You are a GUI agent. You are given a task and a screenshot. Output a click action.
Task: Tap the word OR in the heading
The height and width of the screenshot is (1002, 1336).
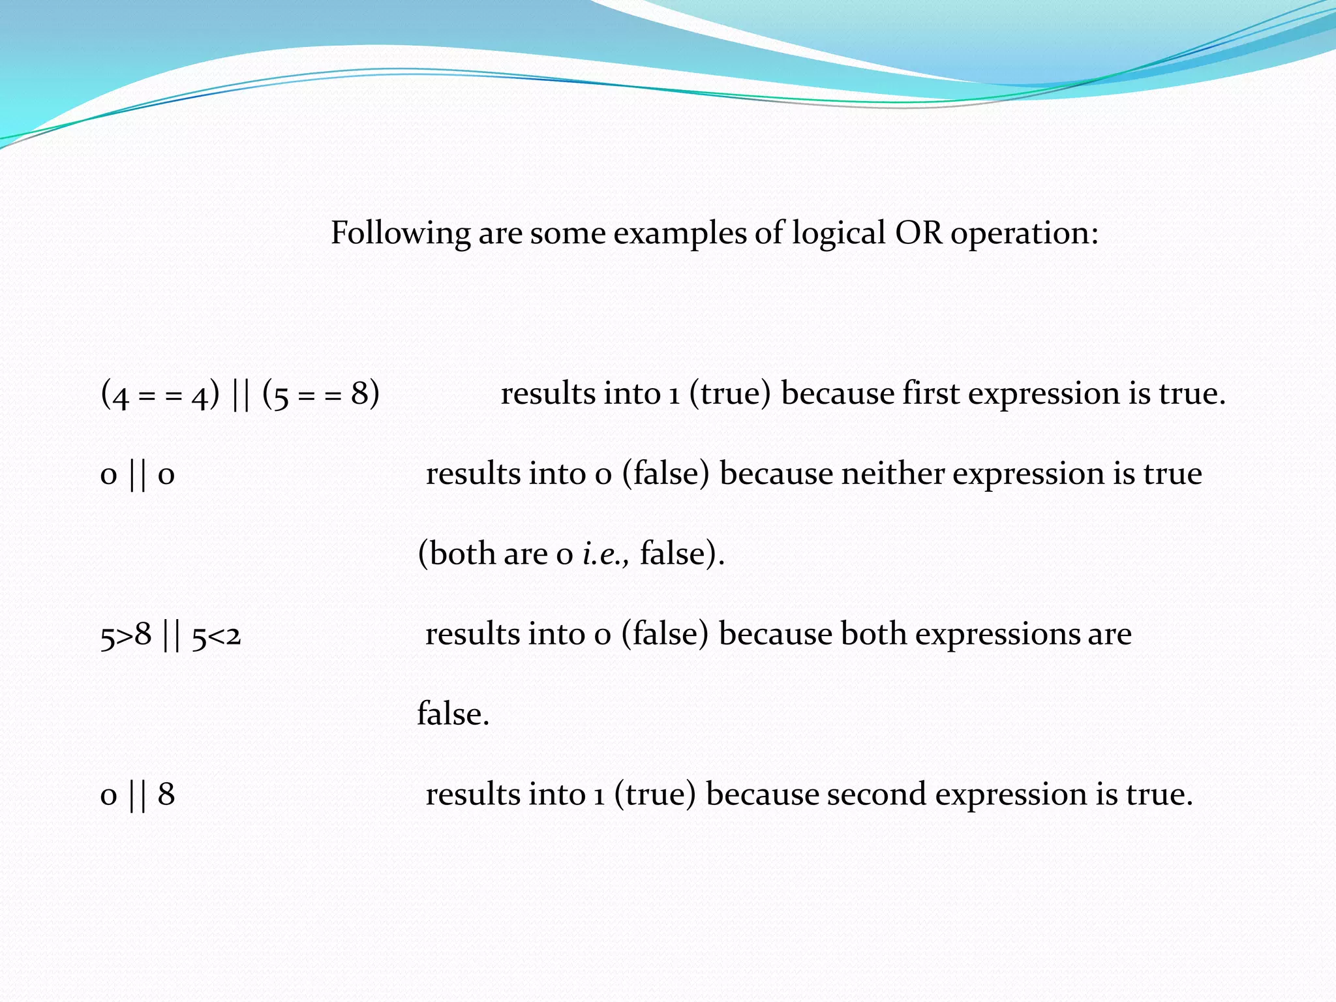[x=918, y=232]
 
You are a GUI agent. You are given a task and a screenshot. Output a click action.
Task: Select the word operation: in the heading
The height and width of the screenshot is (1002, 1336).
[x=1024, y=234]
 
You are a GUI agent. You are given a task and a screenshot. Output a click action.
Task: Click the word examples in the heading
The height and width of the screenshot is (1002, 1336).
[x=680, y=234]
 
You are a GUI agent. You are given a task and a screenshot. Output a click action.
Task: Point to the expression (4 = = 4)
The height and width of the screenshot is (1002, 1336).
[x=160, y=395]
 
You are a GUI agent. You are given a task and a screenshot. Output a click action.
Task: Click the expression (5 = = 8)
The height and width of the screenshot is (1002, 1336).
[x=321, y=395]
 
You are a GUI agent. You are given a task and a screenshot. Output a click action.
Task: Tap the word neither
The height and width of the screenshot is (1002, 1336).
[x=892, y=474]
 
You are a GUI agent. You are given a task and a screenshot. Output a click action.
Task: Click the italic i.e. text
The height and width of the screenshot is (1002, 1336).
[x=605, y=554]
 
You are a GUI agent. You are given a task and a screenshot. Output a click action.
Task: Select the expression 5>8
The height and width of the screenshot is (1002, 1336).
[x=126, y=635]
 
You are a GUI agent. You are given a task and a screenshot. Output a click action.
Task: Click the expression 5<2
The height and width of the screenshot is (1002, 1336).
[x=217, y=635]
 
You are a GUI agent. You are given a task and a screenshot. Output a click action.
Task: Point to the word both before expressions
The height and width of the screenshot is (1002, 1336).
[x=873, y=634]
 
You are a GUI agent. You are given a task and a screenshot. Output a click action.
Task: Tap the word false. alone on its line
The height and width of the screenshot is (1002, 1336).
[x=453, y=714]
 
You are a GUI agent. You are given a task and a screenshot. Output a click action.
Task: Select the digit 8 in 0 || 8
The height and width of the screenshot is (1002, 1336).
[x=166, y=795]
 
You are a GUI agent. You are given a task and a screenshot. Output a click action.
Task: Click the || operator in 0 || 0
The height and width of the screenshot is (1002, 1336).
[x=138, y=475]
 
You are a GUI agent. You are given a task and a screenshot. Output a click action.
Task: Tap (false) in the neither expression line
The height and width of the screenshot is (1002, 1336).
[x=665, y=474]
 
